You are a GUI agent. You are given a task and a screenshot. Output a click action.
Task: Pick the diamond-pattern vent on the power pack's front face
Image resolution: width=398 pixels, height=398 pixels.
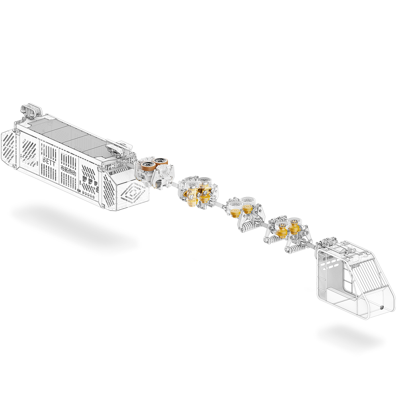coord(134,193)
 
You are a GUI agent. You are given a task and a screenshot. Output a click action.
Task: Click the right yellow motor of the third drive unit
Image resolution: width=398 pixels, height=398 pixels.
coord(248,209)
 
